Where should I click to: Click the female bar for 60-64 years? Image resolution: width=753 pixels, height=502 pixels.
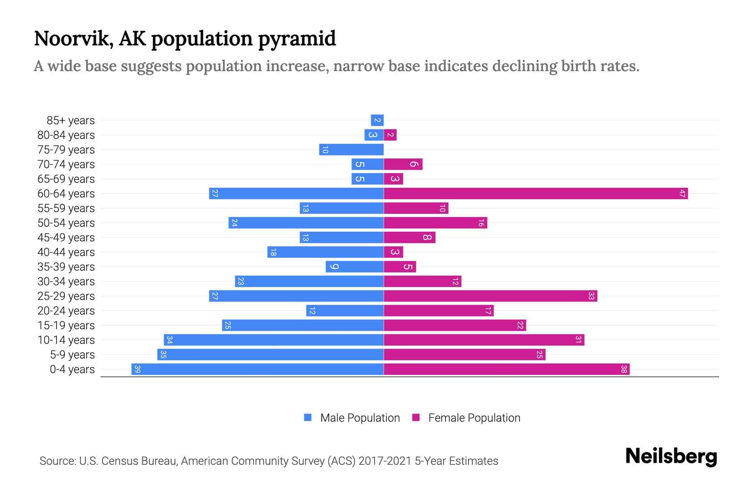pyautogui.click(x=535, y=193)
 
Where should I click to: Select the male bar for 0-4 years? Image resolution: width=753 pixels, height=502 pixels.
pyautogui.click(x=257, y=369)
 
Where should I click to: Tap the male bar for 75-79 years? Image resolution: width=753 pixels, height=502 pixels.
pyautogui.click(x=351, y=149)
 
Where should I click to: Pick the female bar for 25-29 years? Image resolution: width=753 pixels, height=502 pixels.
pyautogui.click(x=490, y=296)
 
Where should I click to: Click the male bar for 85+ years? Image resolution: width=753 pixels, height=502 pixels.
pyautogui.click(x=377, y=120)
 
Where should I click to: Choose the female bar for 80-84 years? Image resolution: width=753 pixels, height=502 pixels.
pyautogui.click(x=390, y=135)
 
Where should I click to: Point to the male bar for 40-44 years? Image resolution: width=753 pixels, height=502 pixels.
pyautogui.click(x=325, y=252)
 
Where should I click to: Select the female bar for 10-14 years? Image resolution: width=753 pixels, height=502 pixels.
pyautogui.click(x=484, y=340)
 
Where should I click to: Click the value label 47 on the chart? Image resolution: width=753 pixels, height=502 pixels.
pyautogui.click(x=682, y=193)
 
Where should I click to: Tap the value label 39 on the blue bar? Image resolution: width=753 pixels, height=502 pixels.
pyautogui.click(x=138, y=369)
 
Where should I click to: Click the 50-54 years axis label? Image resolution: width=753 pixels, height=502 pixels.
pyautogui.click(x=66, y=223)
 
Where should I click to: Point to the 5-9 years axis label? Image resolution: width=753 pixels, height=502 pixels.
pyautogui.click(x=72, y=354)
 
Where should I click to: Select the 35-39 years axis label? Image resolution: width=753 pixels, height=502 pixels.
pyautogui.click(x=66, y=266)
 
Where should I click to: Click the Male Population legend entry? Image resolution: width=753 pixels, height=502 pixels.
pyautogui.click(x=359, y=417)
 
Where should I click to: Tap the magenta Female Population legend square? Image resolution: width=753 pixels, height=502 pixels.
pyautogui.click(x=416, y=417)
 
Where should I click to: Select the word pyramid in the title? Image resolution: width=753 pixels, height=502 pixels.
pyautogui.click(x=297, y=38)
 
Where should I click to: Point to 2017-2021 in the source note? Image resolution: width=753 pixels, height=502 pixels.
pyautogui.click(x=385, y=461)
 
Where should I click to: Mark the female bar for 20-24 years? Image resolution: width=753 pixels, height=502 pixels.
pyautogui.click(x=438, y=310)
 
